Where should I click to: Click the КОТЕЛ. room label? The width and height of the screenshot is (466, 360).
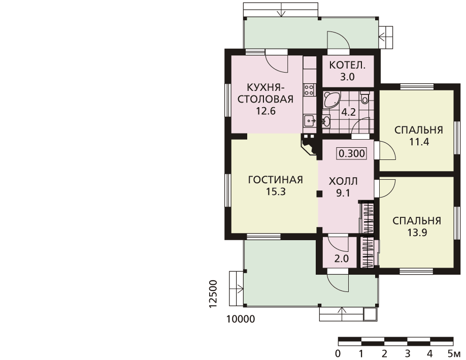click(x=347, y=65)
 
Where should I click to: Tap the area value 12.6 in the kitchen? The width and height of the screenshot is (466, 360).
click(x=265, y=111)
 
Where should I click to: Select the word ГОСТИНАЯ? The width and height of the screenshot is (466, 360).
click(x=276, y=180)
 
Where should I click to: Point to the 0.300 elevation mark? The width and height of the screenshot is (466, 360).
click(x=352, y=153)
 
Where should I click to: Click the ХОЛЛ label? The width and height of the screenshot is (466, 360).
click(x=343, y=181)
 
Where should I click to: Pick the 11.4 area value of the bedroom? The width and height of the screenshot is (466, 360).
click(x=419, y=142)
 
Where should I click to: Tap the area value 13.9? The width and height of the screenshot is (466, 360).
click(x=417, y=232)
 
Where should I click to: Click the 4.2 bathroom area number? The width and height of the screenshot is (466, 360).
click(x=348, y=112)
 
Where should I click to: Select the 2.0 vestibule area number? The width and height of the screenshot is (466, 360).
click(x=342, y=258)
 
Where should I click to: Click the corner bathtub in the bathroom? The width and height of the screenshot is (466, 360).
click(x=330, y=100)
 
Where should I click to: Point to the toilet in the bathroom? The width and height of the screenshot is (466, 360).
click(x=364, y=98)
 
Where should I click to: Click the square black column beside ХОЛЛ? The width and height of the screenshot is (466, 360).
click(x=319, y=194)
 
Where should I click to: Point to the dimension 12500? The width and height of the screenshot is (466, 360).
click(x=214, y=294)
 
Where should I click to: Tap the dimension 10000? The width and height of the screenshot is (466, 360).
click(x=241, y=319)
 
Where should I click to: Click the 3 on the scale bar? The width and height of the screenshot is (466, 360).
click(x=407, y=354)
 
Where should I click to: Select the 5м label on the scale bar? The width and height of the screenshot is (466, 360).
click(x=454, y=354)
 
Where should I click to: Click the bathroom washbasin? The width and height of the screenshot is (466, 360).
click(x=326, y=121)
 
